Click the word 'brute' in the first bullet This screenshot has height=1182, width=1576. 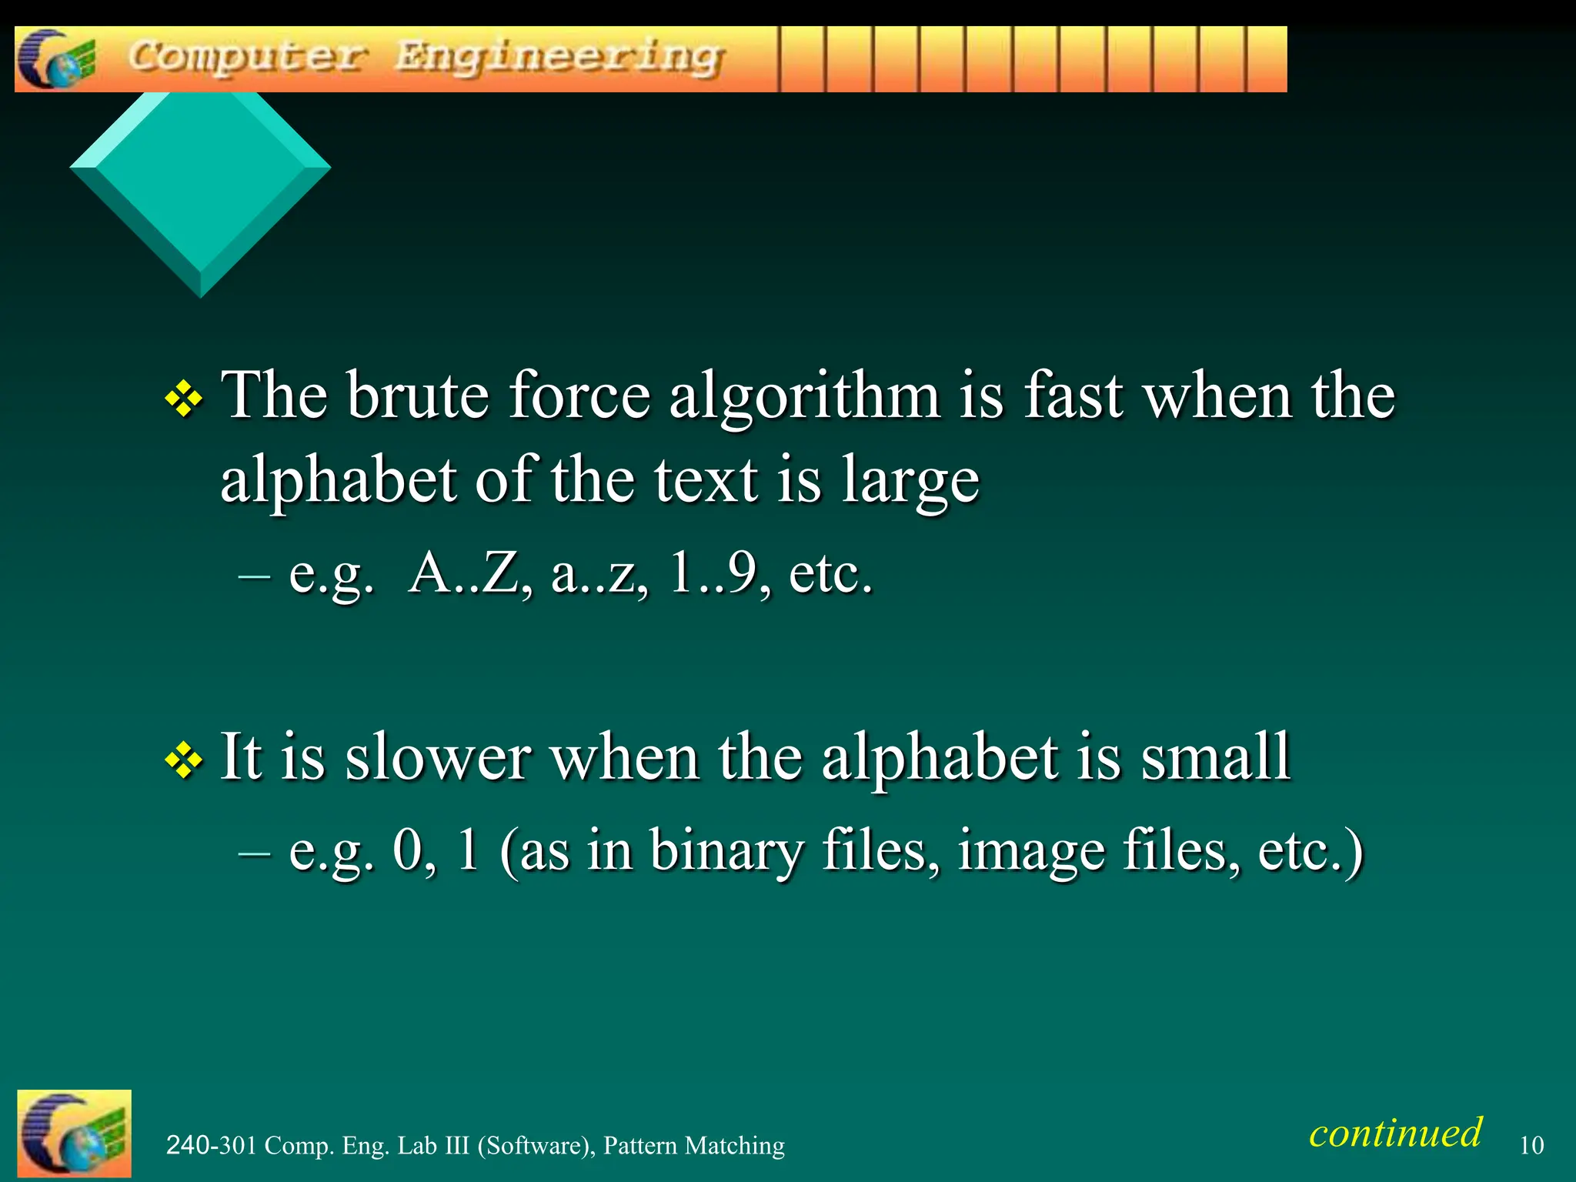pos(417,396)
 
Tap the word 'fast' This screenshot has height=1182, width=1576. pos(1073,396)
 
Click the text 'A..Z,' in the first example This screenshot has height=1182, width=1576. pos(470,573)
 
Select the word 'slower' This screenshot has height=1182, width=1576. pos(438,757)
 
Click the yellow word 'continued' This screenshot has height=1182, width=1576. pos(1395,1133)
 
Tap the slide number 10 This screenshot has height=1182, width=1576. pos(1531,1146)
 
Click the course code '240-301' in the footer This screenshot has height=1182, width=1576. pos(211,1146)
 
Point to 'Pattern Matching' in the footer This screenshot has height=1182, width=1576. pos(693,1146)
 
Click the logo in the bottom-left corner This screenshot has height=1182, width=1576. pos(74,1133)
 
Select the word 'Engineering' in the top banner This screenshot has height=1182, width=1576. pos(559,58)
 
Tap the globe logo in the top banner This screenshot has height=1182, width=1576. pos(57,59)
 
